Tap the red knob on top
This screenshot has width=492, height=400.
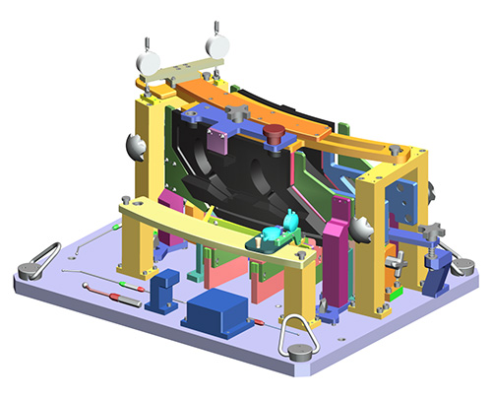point(275,132)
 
